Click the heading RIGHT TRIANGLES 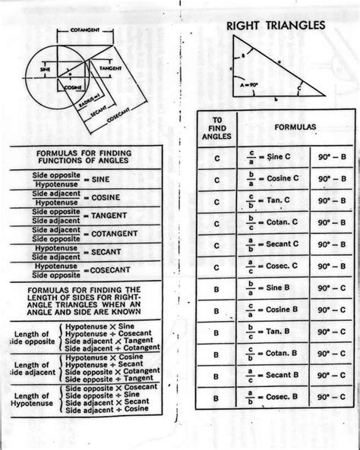[x=276, y=27]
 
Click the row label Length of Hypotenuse [x=33, y=399]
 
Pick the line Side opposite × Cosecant [x=106, y=387]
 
